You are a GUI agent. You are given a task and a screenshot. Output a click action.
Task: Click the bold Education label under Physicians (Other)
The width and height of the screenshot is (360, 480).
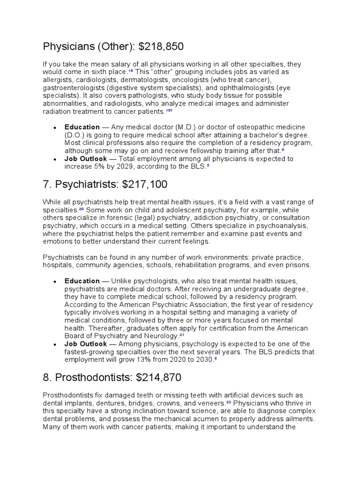tap(82, 127)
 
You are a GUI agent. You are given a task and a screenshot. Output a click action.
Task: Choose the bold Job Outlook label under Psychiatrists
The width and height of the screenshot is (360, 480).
tap(85, 344)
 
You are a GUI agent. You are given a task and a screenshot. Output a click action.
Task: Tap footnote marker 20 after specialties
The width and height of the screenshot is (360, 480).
tap(82, 209)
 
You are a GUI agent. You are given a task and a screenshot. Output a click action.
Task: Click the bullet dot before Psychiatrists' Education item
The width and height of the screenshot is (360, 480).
tap(55, 281)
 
